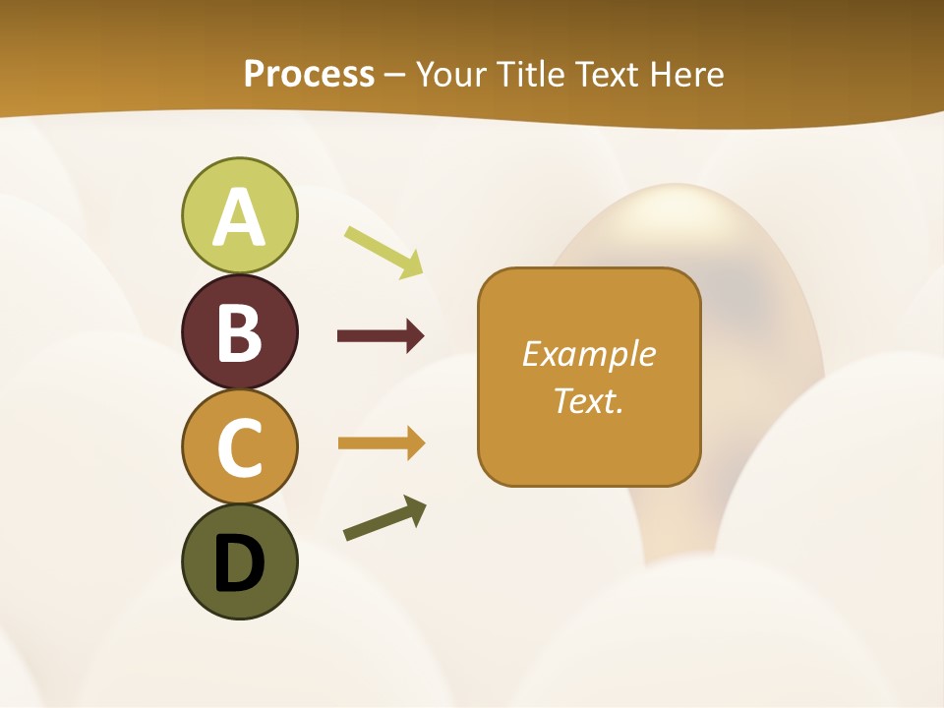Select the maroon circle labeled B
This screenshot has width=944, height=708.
click(x=239, y=331)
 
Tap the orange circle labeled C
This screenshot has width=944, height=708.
click(x=239, y=446)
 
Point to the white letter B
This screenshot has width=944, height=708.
click(x=239, y=332)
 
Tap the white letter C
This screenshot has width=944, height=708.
click(x=239, y=447)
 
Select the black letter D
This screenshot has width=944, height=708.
click(x=239, y=563)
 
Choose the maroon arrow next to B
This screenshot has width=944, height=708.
click(x=380, y=336)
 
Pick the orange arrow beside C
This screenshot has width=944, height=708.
click(x=380, y=442)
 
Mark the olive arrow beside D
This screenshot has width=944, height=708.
click(x=384, y=518)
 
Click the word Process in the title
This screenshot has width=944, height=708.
click(x=309, y=75)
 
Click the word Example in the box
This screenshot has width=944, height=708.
click(x=588, y=354)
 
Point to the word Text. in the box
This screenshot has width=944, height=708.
click(x=588, y=400)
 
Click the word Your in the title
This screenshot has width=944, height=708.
click(x=451, y=75)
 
